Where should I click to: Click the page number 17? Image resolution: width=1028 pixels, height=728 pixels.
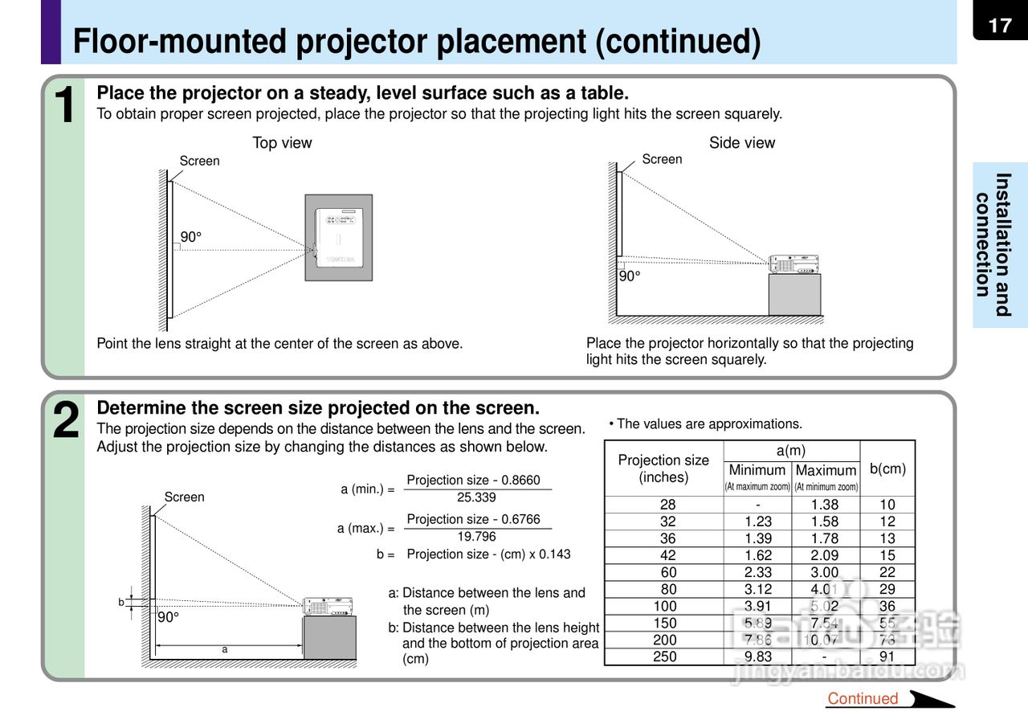(x=1000, y=26)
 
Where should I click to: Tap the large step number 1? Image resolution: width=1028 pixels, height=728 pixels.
(x=64, y=105)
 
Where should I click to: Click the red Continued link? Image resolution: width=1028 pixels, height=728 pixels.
(x=863, y=698)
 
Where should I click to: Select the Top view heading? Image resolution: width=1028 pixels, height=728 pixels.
(x=282, y=143)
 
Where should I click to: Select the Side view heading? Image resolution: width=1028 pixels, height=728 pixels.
(x=742, y=143)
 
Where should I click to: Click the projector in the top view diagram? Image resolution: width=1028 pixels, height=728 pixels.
(x=338, y=237)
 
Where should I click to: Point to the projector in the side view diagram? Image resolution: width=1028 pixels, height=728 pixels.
(x=793, y=264)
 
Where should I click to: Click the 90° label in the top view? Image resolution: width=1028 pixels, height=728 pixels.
(x=191, y=237)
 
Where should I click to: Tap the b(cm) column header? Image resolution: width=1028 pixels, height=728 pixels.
(x=887, y=468)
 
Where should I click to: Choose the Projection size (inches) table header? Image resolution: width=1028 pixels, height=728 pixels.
(x=663, y=468)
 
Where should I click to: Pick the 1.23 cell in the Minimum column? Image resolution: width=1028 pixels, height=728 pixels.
(x=757, y=521)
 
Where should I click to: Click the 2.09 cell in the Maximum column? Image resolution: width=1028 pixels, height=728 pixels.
(x=825, y=555)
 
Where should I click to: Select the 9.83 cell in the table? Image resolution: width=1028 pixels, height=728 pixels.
(x=757, y=656)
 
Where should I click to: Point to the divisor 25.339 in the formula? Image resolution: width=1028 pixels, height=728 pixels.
(x=476, y=497)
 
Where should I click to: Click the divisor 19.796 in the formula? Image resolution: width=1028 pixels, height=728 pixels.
(x=476, y=536)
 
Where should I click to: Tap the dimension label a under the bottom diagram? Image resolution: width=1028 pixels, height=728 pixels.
(x=225, y=649)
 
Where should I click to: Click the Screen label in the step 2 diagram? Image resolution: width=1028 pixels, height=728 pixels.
(x=185, y=497)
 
